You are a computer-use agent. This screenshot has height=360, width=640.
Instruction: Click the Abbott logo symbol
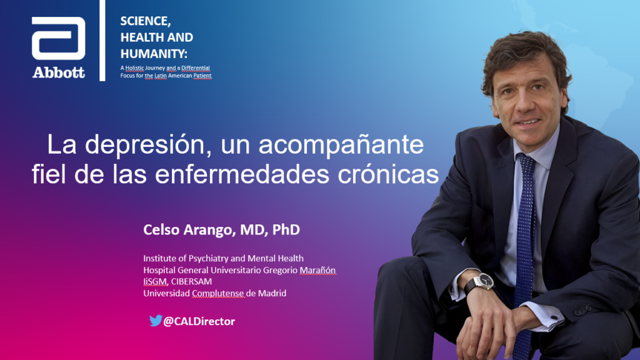(x=58, y=38)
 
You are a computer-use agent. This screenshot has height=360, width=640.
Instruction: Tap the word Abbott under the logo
(x=58, y=72)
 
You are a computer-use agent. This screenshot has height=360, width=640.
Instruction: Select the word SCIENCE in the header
(x=144, y=21)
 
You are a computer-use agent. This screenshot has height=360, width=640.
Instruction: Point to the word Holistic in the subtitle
(x=134, y=68)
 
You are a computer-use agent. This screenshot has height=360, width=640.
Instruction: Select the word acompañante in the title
(x=341, y=145)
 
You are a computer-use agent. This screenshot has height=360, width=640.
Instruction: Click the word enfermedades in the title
(x=242, y=174)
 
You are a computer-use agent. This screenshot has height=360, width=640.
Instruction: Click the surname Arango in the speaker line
(x=207, y=230)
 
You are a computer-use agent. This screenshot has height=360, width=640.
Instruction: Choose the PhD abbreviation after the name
(x=286, y=229)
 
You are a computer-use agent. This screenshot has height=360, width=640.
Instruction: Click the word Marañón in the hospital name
(x=317, y=270)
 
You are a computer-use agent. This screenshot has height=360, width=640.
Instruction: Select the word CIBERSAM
(x=191, y=282)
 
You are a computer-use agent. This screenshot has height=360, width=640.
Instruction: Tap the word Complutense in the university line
(x=218, y=294)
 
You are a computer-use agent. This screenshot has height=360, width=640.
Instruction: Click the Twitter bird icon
(x=156, y=321)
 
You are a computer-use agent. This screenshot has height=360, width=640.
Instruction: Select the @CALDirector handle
(x=199, y=321)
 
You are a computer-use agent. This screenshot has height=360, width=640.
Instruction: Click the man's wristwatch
(x=484, y=281)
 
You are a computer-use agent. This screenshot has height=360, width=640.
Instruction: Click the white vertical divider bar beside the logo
(x=102, y=41)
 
